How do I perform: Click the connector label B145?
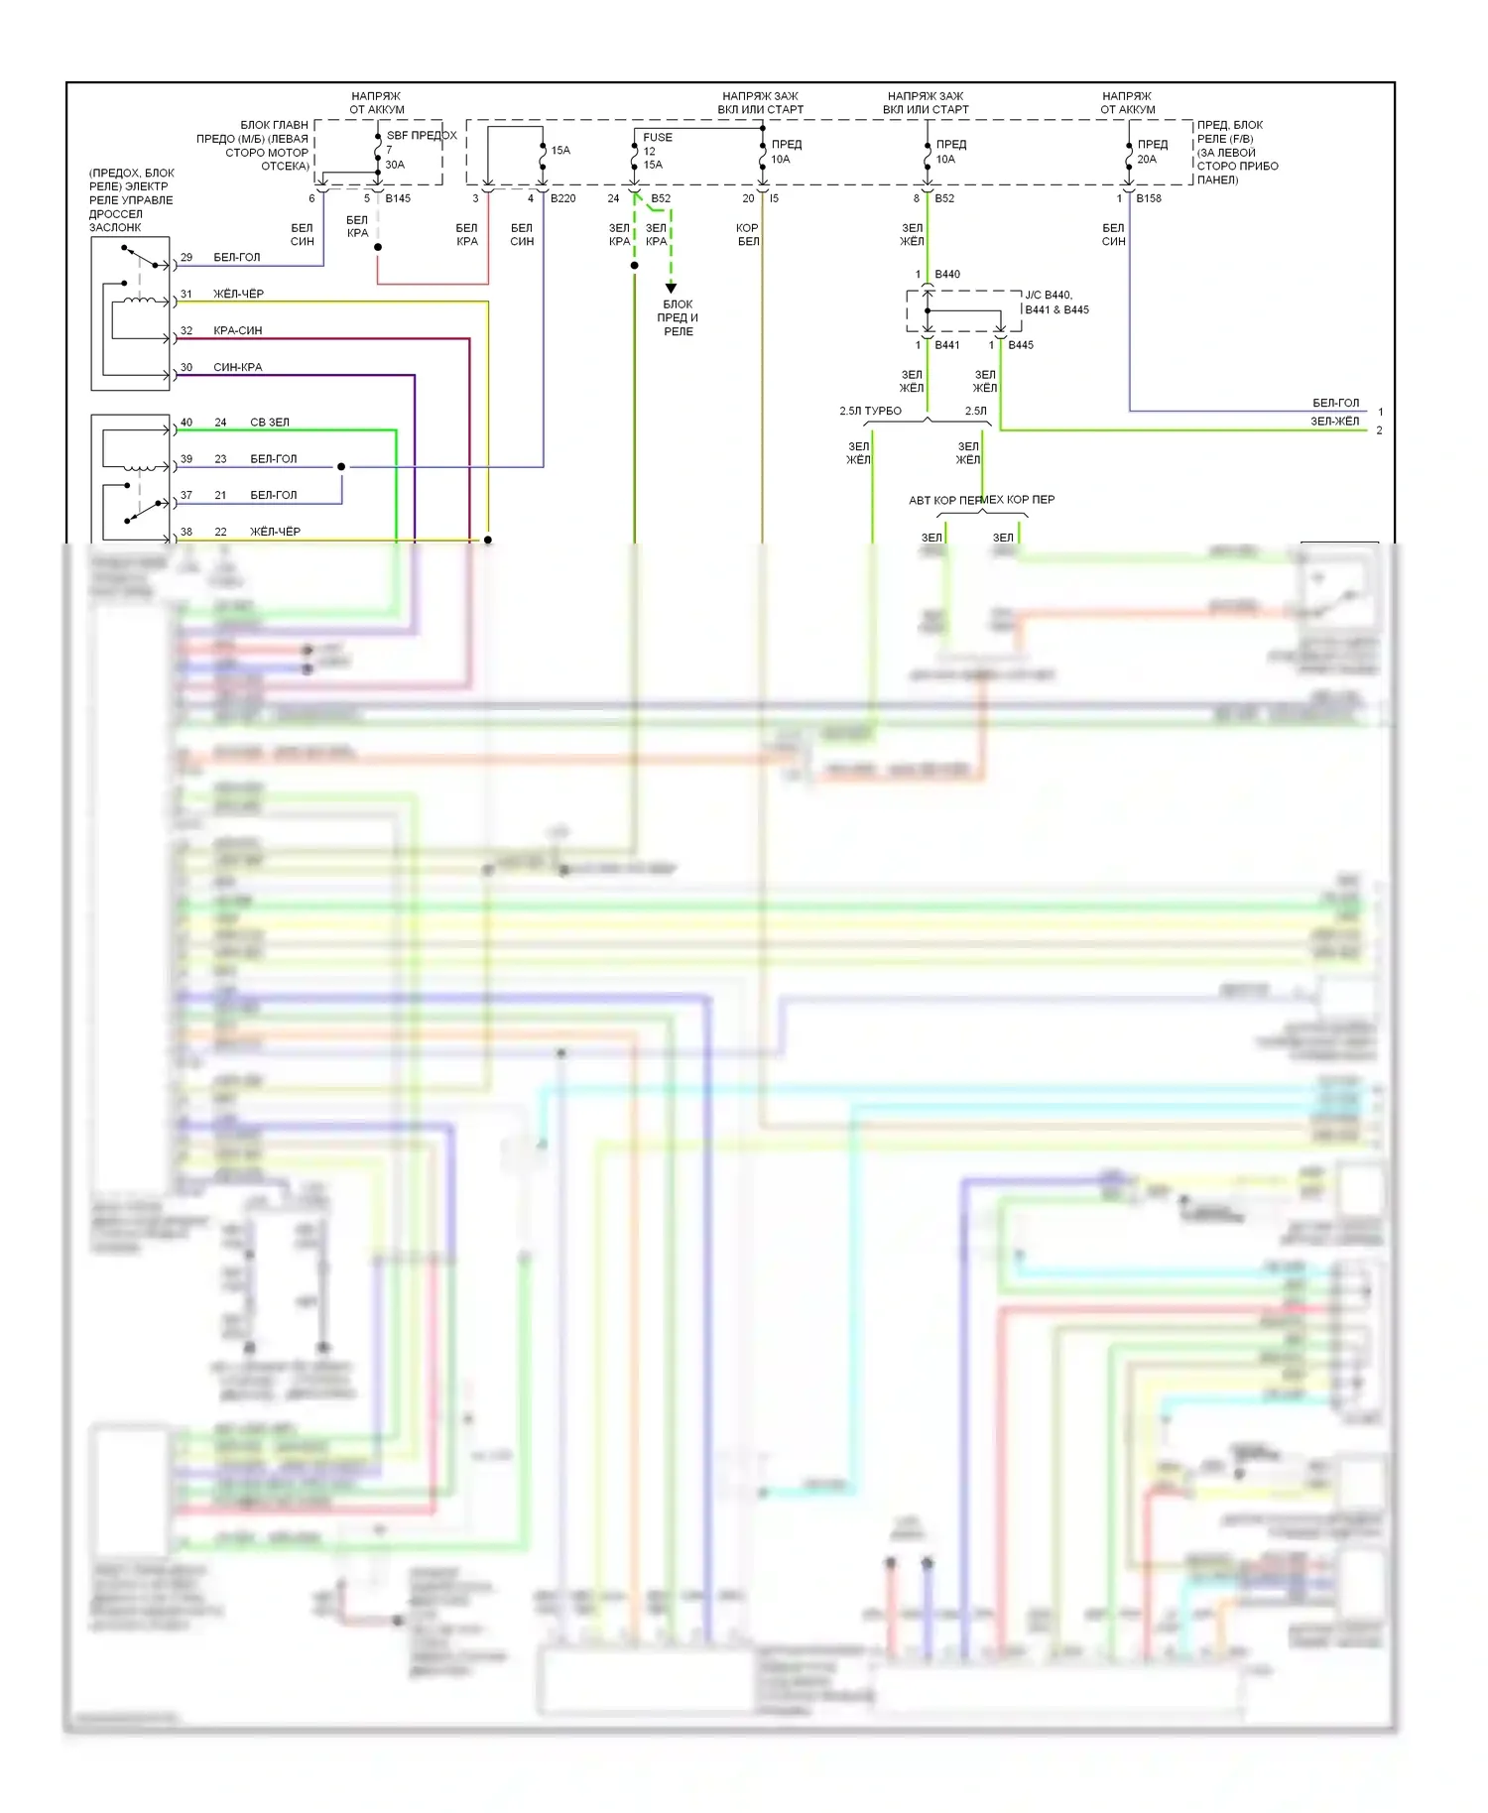pos(398,198)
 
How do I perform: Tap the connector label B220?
pos(562,198)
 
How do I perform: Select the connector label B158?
pos(1149,198)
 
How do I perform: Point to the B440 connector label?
pos(947,274)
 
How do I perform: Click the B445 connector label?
pos(1021,345)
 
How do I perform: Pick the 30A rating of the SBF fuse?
pos(395,165)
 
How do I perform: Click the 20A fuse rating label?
pos(1147,159)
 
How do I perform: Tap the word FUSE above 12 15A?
pos(657,138)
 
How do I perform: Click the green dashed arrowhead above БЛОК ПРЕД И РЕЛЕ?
pos(671,288)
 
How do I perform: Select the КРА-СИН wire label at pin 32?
pos(237,330)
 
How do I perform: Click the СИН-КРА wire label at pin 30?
pos(237,367)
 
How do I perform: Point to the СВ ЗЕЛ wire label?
pos(270,423)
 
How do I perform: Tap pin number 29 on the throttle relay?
pos(186,257)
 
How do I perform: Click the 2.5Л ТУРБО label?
pos(870,411)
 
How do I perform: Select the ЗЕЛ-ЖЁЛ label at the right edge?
pos(1334,422)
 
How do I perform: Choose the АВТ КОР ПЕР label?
pos(943,500)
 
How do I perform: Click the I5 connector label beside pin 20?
pos(775,198)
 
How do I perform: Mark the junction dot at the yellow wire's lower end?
pos(488,540)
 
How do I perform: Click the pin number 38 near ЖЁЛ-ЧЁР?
pos(186,532)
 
